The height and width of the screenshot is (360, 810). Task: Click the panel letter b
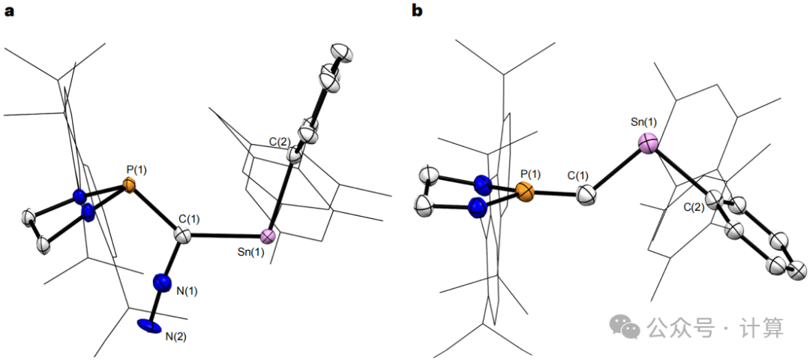[417, 10]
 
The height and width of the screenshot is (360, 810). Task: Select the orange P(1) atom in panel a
[130, 184]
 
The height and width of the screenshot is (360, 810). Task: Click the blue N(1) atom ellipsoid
[161, 283]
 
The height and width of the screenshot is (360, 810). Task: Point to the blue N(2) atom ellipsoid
[149, 325]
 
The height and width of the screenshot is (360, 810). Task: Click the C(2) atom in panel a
[295, 157]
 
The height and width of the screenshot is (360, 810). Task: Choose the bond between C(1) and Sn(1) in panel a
[225, 237]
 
